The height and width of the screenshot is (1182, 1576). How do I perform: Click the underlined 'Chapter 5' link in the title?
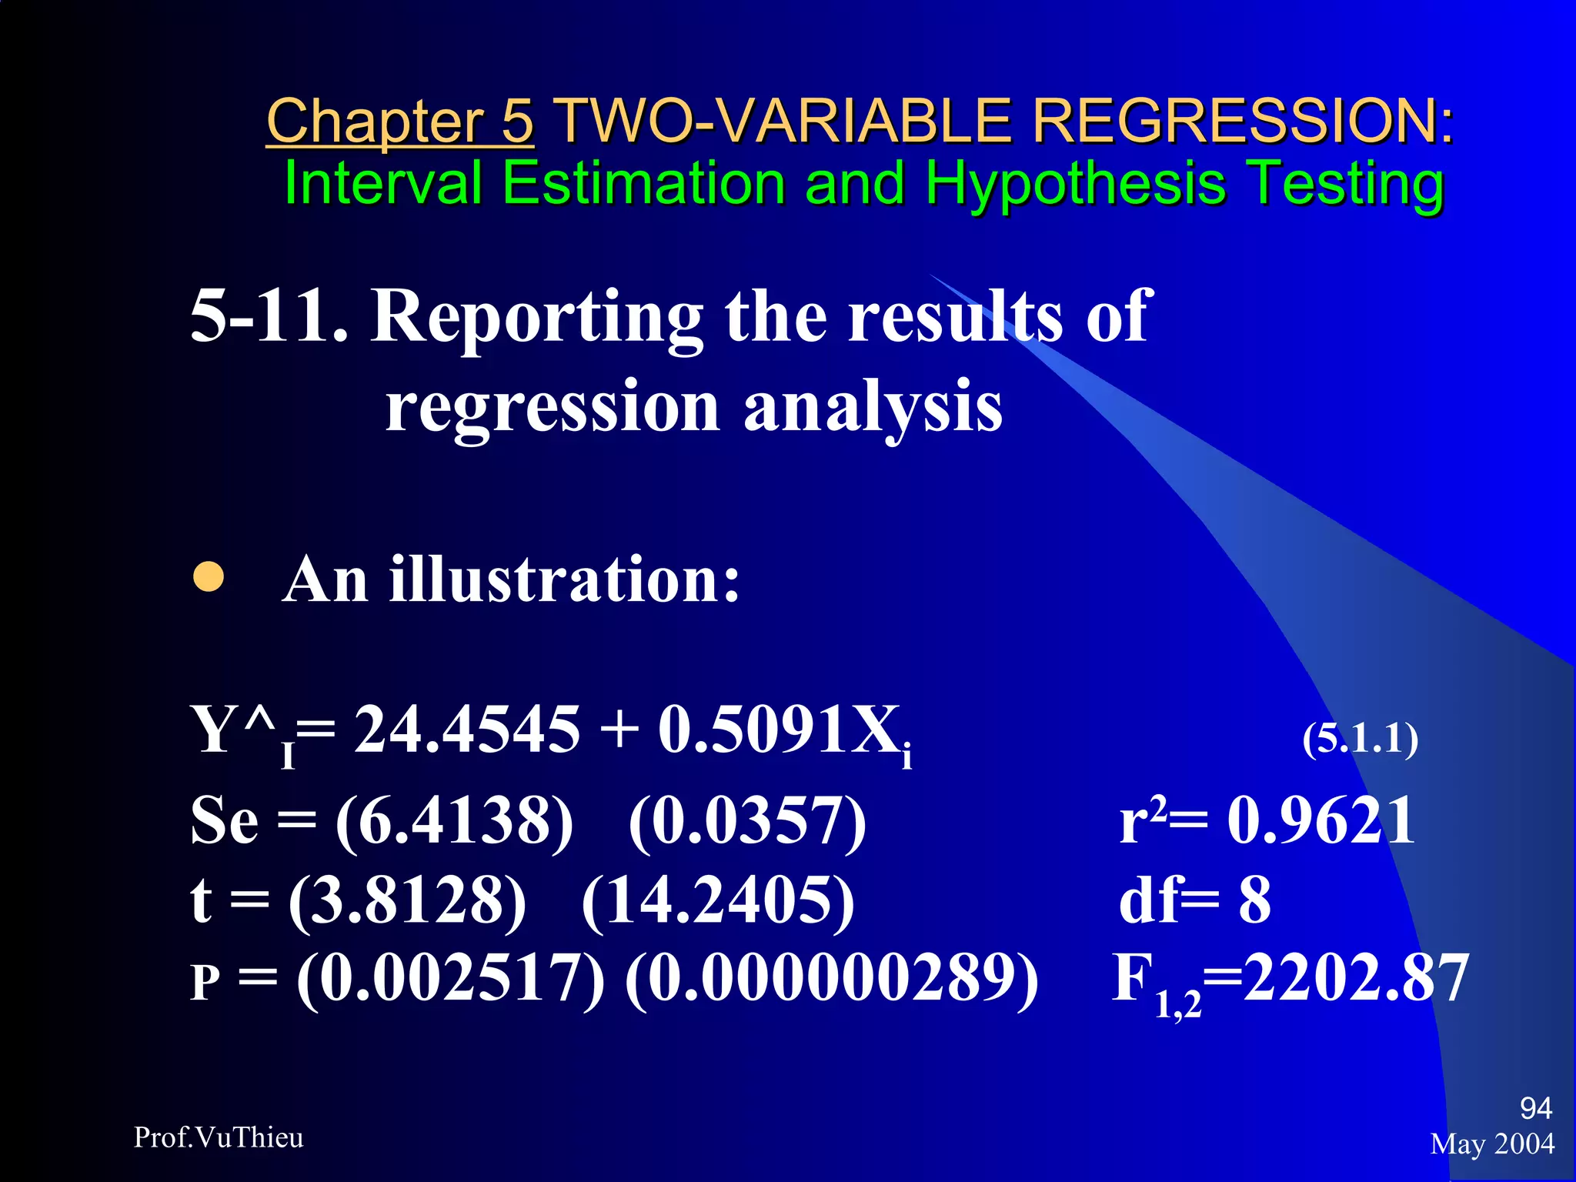399,122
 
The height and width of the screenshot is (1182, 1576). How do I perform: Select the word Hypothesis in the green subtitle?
1075,184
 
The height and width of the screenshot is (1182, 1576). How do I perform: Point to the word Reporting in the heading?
536,316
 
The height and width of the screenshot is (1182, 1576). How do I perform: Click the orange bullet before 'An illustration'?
209,577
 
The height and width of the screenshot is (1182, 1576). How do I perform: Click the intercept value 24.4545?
466,729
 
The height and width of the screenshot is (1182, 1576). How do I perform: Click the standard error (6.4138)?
454,821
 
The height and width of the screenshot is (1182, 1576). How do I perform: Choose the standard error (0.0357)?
747,821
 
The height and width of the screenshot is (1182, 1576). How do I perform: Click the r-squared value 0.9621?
1321,820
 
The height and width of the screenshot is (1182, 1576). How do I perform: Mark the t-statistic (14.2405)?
718,900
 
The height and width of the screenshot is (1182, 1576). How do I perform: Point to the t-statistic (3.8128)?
407,900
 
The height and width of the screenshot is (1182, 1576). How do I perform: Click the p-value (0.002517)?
450,980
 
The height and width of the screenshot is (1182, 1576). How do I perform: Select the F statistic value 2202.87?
1356,977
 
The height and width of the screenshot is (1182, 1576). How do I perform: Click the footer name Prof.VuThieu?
219,1137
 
